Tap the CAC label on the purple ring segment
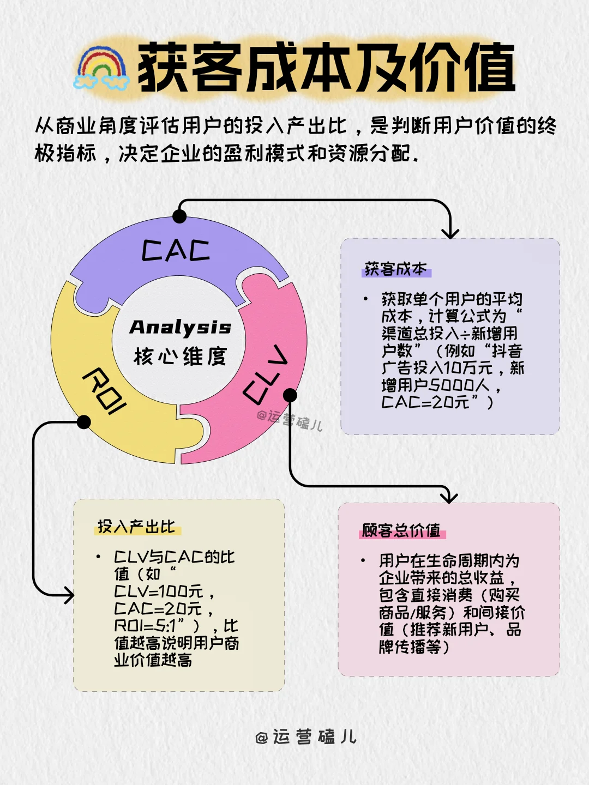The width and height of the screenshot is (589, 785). [x=176, y=251]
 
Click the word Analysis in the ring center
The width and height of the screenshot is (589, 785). [x=181, y=327]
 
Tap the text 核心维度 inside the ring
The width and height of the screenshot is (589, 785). [x=180, y=357]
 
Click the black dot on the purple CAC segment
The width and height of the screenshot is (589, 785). [x=179, y=216]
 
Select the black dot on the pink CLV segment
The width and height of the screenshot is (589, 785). [x=290, y=395]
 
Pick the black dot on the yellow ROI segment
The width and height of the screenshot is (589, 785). [x=84, y=422]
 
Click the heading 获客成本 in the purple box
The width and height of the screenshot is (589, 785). [x=396, y=269]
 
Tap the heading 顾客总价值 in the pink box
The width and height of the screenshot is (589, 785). [x=401, y=530]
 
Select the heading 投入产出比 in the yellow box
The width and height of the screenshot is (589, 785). [x=136, y=527]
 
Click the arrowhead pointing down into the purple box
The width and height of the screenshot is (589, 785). [x=450, y=233]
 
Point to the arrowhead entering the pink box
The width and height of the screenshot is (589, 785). [x=449, y=497]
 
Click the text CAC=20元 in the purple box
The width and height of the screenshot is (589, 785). [x=425, y=402]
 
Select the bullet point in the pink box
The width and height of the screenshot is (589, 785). [x=363, y=560]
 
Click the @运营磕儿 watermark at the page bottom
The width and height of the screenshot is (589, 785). [x=305, y=737]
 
